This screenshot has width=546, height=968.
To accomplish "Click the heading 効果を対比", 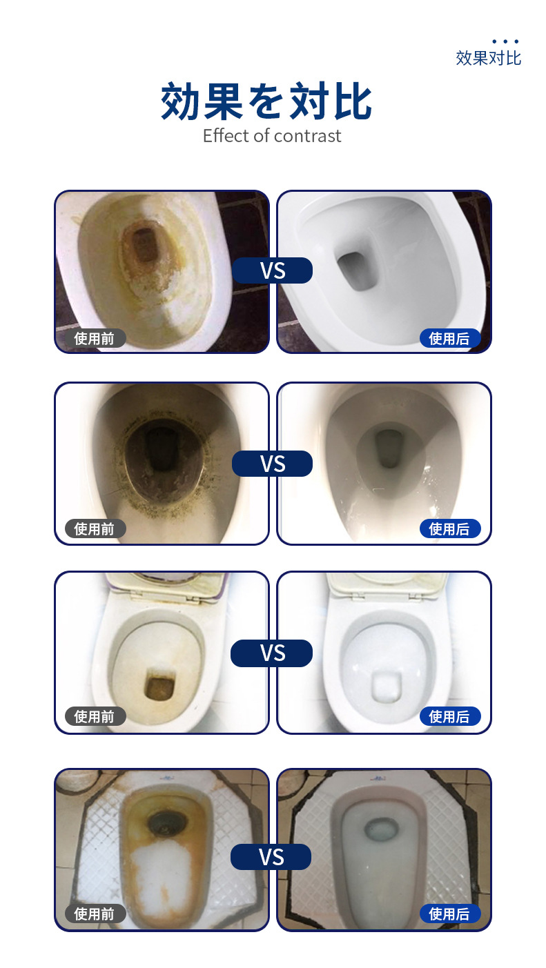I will [x=267, y=102].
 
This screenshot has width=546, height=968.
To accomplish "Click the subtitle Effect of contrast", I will [x=272, y=136].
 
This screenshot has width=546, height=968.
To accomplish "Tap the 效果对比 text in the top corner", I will [x=488, y=58].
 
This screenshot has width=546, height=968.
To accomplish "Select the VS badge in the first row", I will [x=273, y=270].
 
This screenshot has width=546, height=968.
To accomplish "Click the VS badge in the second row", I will [x=273, y=464].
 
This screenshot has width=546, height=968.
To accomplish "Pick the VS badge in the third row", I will [x=273, y=653].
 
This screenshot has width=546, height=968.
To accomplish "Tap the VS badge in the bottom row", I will [x=271, y=857].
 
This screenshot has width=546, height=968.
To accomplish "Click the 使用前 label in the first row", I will [x=95, y=338].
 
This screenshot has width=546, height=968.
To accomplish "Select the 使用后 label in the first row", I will [x=449, y=338].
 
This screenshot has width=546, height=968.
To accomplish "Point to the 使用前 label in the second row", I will [x=95, y=529].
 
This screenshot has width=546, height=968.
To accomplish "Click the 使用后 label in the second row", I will [x=449, y=529].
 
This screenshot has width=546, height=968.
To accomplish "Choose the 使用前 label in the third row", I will [x=95, y=716].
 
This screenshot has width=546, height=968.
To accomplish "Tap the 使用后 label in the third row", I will [x=449, y=716].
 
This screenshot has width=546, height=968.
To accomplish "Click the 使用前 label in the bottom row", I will [x=95, y=913].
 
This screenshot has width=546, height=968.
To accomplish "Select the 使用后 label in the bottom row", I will [x=449, y=913].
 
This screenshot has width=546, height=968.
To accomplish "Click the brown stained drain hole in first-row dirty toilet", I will [x=146, y=244].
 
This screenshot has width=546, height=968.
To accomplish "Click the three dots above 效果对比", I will [x=505, y=41].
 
